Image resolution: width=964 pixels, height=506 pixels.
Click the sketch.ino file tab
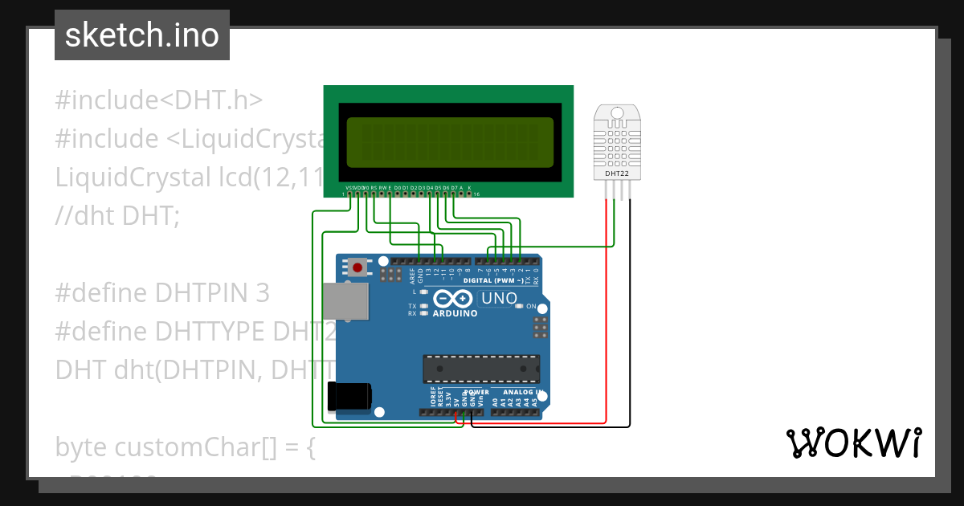[142, 35]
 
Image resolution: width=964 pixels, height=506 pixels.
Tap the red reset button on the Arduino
[356, 267]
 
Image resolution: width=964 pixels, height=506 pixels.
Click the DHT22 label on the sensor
[616, 173]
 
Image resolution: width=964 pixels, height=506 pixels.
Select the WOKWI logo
[853, 443]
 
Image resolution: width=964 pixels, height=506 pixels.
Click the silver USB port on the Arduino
[346, 301]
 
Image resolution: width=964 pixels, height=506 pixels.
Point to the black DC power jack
[349, 396]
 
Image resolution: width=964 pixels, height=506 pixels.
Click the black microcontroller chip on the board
[481, 368]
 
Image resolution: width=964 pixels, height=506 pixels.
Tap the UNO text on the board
[498, 299]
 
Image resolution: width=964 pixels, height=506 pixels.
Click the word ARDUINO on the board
[455, 313]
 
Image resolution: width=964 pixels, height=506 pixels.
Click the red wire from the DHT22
[606, 321]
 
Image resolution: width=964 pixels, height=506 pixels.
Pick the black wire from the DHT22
[630, 321]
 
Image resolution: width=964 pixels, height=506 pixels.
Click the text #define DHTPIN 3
[162, 293]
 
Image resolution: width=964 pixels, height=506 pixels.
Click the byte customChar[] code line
[186, 447]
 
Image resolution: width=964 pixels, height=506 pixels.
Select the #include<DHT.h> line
[159, 100]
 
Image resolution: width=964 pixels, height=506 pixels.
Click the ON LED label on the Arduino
[531, 306]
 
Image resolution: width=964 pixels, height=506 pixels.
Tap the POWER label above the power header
[477, 392]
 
